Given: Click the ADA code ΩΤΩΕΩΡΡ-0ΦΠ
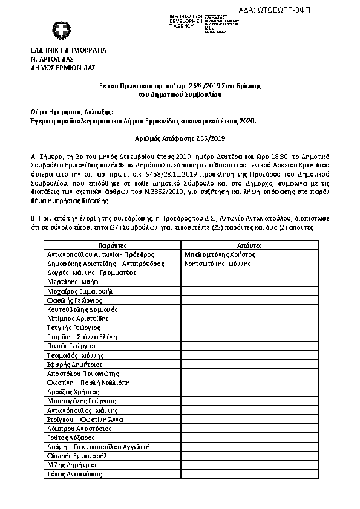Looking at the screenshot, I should pos(316,10).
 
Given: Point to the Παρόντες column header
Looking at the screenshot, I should pos(112,246).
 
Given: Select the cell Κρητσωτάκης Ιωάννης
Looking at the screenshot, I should pos(217,264).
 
